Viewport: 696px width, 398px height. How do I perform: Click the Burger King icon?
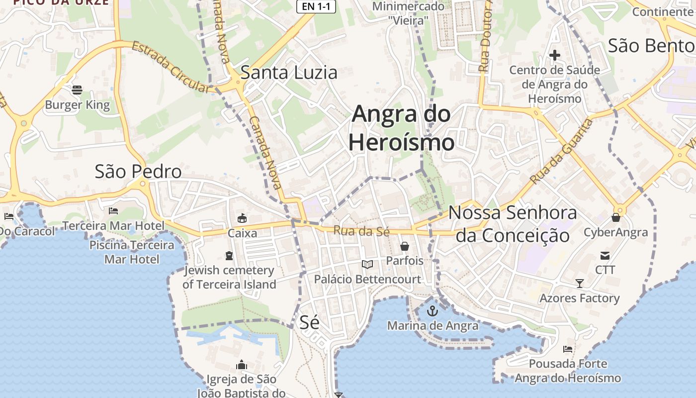coord(77,90)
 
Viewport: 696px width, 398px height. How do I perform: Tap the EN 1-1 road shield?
coord(316,6)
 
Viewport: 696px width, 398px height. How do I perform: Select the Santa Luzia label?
coord(289,73)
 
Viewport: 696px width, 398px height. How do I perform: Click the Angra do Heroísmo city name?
coord(401,128)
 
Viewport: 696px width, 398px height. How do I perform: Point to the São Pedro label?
coord(138,172)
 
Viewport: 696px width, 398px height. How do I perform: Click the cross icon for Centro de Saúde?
coord(555,55)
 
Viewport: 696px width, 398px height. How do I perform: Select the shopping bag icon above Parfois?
coord(405,246)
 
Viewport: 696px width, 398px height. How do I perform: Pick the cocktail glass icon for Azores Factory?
coord(580,284)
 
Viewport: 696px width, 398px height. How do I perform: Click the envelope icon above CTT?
coord(605,256)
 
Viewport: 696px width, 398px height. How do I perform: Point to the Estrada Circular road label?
coord(172,68)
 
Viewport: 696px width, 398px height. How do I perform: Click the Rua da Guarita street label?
coord(562,151)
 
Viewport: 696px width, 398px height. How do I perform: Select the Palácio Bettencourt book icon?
coord(367,264)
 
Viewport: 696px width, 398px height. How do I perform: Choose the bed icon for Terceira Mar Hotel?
coord(113,211)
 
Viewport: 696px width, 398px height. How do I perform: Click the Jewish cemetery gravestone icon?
coord(229,256)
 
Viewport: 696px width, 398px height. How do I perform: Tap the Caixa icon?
coord(243,218)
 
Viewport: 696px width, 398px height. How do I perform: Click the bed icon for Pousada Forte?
coord(568,349)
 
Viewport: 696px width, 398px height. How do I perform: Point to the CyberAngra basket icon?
coord(616,217)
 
